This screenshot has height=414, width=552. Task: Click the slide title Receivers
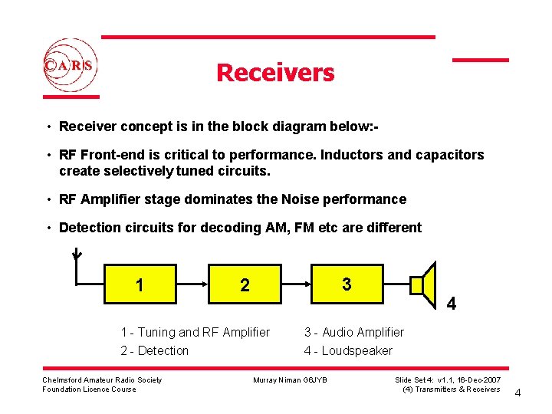pos(275,73)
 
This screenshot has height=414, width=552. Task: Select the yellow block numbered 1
pos(140,285)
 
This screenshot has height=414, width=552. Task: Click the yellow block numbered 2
pos(245,285)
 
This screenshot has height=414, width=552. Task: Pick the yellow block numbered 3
pos(347,284)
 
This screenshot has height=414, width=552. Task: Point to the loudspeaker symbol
pos(423,285)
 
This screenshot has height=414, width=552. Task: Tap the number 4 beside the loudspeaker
pos(452,304)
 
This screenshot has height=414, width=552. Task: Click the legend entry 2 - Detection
pos(155,350)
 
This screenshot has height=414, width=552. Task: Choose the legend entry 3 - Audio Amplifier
pos(354,332)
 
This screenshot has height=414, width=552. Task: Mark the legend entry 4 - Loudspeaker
pos(348,350)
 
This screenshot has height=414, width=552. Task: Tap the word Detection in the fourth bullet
pos(87,228)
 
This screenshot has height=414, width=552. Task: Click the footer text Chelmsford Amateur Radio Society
pos(102,380)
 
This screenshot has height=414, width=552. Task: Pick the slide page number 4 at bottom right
pos(517,393)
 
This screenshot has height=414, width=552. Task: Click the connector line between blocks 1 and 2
pos(192,284)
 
